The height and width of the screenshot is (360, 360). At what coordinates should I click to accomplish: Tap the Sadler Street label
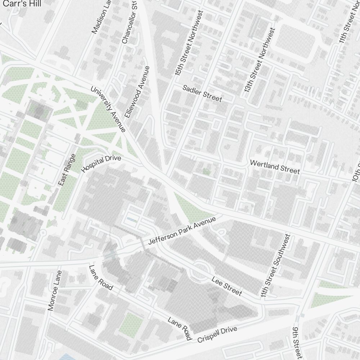202,93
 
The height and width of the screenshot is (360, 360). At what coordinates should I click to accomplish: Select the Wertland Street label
275,167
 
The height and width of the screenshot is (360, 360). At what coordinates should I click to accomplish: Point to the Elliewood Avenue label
137,92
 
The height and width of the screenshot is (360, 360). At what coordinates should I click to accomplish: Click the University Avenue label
108,109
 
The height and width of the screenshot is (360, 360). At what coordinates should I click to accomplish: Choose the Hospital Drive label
102,164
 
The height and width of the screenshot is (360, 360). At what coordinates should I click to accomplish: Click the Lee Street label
227,286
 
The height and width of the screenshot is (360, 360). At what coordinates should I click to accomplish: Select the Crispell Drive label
217,334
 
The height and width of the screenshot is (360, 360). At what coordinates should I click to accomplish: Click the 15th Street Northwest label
189,42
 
